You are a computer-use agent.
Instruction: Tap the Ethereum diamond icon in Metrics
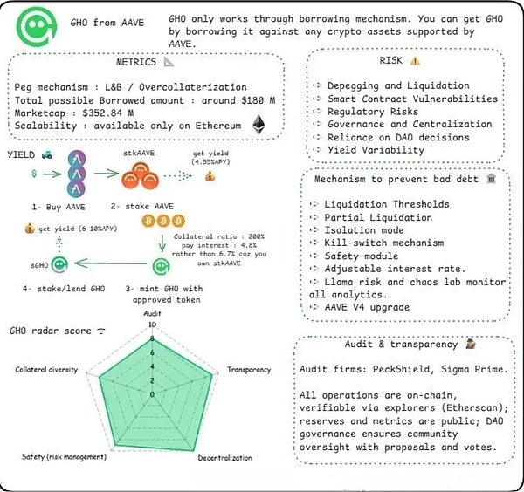point(258,126)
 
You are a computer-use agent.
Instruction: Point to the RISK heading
point(397,60)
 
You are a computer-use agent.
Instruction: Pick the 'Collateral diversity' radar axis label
point(45,369)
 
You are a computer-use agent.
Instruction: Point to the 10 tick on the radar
point(152,325)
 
